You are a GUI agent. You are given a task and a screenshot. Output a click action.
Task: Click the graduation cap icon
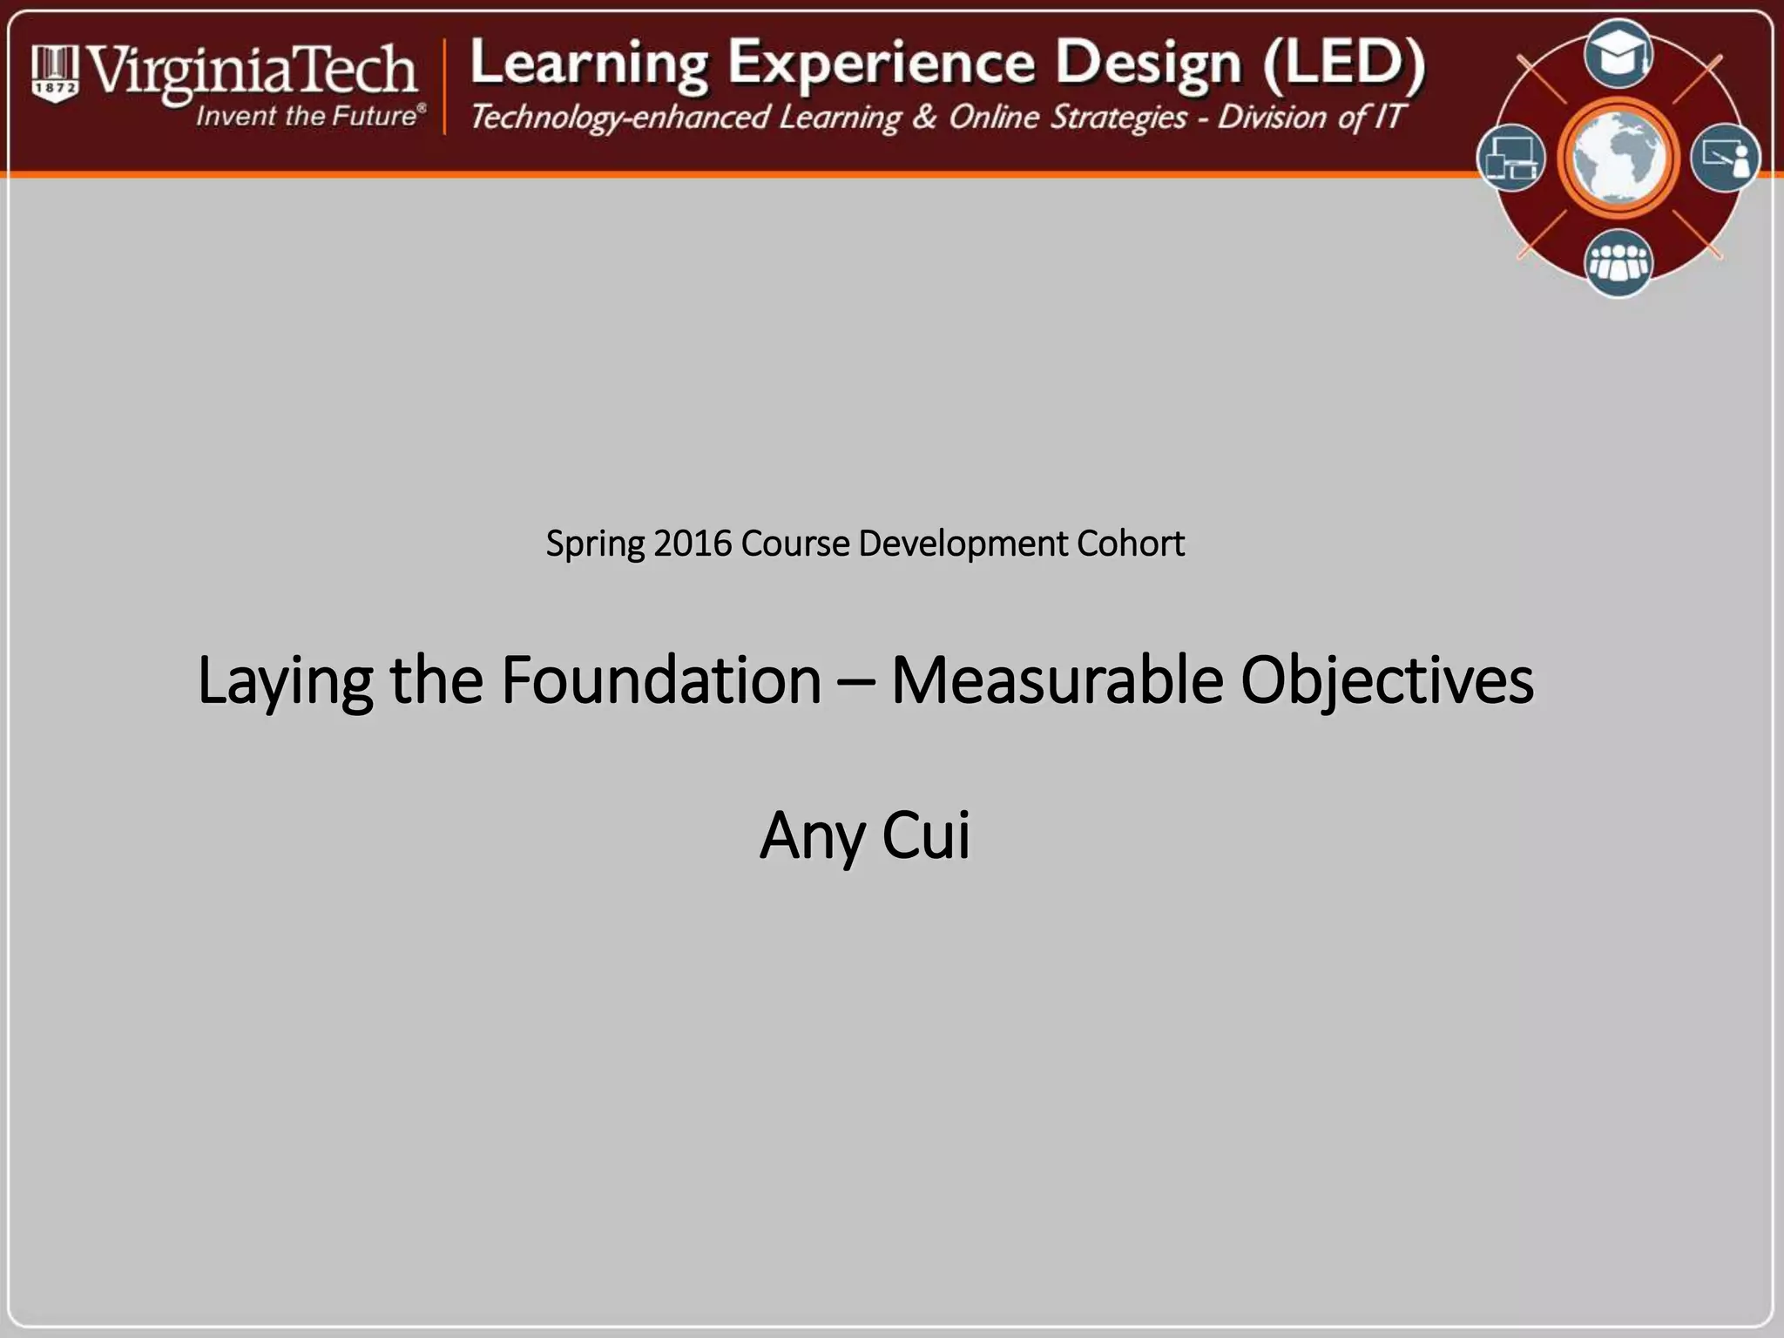(1618, 55)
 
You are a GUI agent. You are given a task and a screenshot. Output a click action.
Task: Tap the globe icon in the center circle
(1618, 159)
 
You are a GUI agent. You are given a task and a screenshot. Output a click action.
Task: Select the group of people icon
(1618, 262)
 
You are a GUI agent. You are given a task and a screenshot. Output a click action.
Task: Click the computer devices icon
(1511, 159)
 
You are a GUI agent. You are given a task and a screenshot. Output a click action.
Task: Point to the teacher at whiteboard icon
(1725, 159)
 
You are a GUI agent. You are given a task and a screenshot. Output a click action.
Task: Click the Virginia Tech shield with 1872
(55, 74)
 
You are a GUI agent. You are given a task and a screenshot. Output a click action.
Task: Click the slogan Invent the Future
(309, 116)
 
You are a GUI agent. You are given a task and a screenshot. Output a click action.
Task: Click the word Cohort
(1130, 544)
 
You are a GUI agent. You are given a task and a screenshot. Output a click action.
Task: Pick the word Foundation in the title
(661, 680)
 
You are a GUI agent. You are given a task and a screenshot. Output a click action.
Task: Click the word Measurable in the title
(1057, 680)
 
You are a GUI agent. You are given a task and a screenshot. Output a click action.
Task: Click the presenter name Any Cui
(865, 835)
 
